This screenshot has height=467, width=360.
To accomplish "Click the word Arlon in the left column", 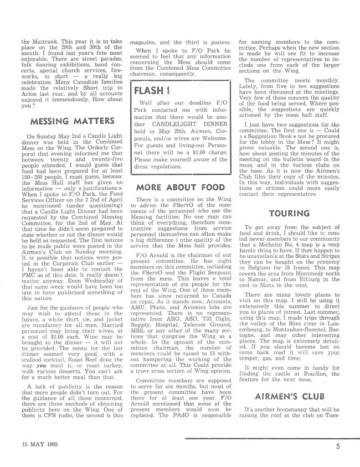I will click(32, 95).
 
